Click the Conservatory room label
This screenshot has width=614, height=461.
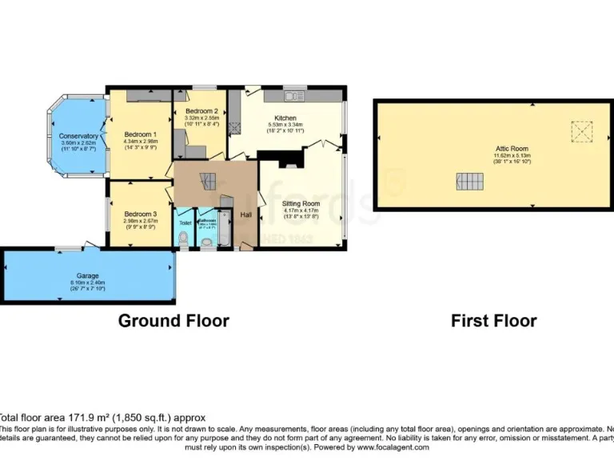78,136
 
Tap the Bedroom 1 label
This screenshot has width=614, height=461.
140,134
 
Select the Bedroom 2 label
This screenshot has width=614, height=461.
201,111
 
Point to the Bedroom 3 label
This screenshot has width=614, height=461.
140,214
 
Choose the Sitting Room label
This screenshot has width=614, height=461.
301,205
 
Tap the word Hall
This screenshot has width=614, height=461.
246,214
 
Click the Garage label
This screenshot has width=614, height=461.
88,275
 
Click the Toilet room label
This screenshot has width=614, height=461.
185,222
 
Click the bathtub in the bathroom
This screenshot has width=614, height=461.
225,230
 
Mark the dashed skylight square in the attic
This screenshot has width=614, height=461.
578,130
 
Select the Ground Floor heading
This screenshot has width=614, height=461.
173,321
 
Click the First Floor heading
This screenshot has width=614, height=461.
493,321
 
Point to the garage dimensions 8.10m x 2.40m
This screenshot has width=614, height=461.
88,283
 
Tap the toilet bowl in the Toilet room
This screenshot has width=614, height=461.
183,239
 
